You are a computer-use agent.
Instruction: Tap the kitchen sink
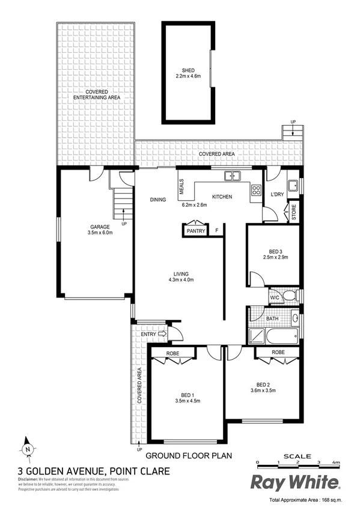231,176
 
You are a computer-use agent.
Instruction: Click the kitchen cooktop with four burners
255,189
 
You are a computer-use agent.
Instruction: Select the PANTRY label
196,231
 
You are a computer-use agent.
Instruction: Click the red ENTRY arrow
162,334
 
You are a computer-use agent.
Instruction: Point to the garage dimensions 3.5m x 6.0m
96,235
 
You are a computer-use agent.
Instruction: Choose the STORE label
294,211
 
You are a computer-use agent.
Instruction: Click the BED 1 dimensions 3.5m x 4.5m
187,401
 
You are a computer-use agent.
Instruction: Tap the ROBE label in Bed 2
278,352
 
